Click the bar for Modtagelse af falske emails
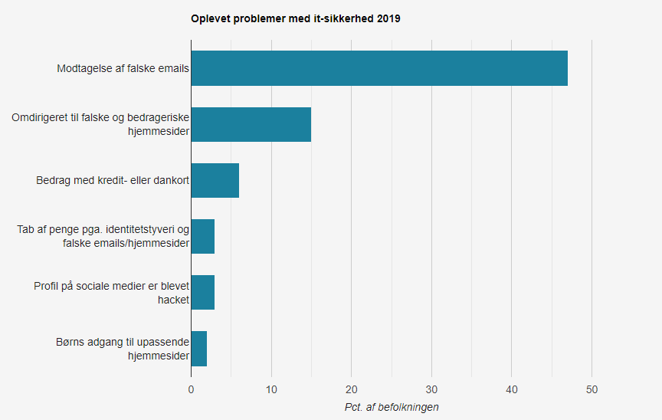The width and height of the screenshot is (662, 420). [379, 68]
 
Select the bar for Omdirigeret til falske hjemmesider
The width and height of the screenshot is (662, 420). [251, 124]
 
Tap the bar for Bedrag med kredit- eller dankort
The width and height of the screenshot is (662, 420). [215, 181]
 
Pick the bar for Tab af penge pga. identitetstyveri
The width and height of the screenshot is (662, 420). [203, 236]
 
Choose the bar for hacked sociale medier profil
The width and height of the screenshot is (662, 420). [203, 292]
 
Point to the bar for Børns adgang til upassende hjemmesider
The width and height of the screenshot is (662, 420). [199, 348]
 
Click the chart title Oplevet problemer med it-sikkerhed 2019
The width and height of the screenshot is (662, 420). [295, 18]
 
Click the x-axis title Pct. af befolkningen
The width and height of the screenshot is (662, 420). [392, 407]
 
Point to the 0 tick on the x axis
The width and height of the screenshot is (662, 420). [191, 389]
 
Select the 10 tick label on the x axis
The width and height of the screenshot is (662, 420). [271, 389]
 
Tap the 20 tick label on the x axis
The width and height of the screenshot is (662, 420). [352, 389]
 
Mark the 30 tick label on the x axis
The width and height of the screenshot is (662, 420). [432, 389]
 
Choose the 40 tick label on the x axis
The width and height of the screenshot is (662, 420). [512, 389]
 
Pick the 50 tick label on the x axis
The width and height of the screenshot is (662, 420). [592, 389]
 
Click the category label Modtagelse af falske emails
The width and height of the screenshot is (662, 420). [123, 69]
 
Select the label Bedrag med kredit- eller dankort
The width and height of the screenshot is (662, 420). [113, 181]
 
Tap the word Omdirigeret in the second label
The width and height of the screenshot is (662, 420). [40, 117]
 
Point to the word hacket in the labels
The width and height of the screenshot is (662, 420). [173, 300]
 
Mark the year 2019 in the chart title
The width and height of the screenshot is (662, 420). [388, 18]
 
